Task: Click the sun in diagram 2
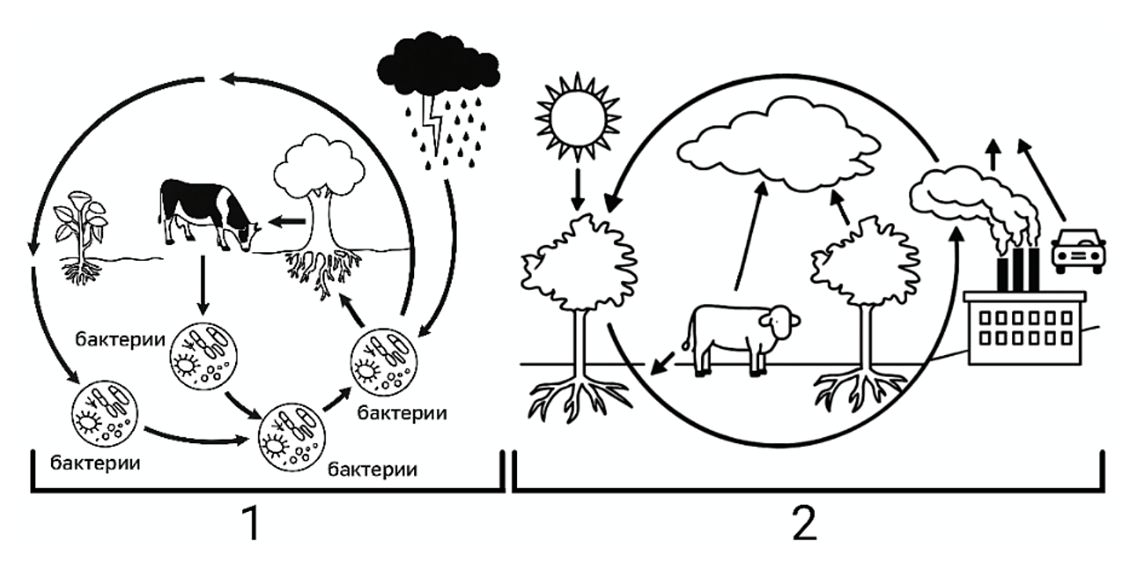[578, 117]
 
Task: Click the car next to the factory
[1078, 251]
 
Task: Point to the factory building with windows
[1025, 328]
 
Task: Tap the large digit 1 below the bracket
[252, 524]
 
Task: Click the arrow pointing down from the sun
[578, 189]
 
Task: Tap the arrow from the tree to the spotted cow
[288, 221]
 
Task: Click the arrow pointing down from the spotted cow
[203, 285]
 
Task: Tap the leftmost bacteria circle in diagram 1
[105, 413]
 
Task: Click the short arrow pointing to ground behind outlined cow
[663, 364]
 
